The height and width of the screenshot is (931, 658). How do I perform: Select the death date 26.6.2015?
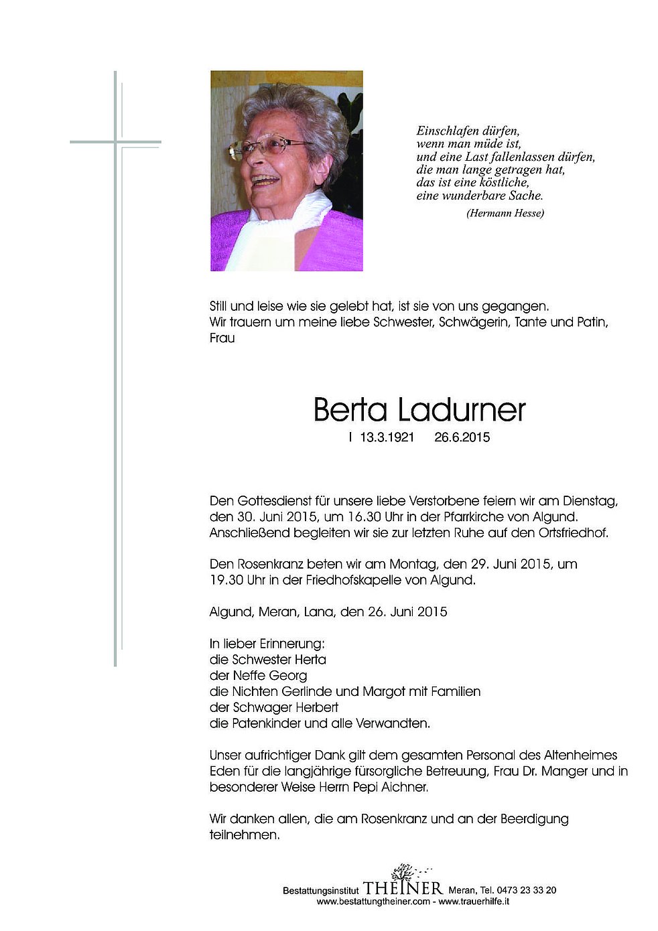[x=462, y=438]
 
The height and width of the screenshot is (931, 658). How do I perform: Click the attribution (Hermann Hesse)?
[x=504, y=213]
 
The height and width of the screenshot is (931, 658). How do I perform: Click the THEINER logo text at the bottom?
[x=403, y=889]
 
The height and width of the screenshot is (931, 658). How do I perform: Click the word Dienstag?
[x=589, y=501]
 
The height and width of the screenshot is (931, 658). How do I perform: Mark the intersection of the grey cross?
[x=116, y=142]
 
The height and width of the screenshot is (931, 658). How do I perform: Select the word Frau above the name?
[x=222, y=338]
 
